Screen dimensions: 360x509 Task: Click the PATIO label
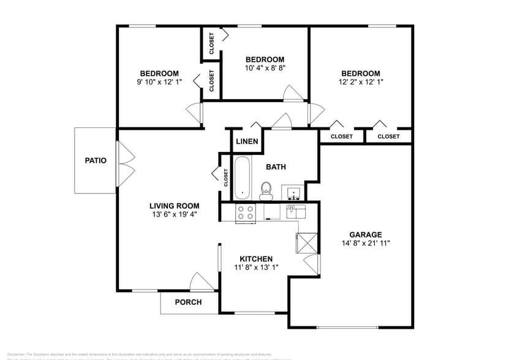(x=96, y=161)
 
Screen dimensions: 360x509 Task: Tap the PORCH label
(x=188, y=302)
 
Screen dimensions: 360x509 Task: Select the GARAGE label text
(x=366, y=234)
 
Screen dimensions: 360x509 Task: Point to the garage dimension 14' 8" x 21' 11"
(x=366, y=243)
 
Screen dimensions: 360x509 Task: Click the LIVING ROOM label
(x=175, y=206)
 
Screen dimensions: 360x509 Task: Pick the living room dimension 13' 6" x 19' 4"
(x=175, y=214)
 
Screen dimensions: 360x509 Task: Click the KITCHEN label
(x=255, y=259)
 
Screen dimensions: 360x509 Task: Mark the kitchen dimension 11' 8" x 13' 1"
(x=255, y=268)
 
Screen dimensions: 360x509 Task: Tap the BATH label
(x=276, y=167)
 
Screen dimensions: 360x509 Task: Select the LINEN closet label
(x=247, y=142)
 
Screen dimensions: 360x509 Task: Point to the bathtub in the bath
(x=243, y=178)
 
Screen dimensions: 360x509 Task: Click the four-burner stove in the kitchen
(x=246, y=212)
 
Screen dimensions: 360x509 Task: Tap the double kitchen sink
(x=296, y=211)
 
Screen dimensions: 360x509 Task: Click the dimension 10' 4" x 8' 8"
(x=265, y=68)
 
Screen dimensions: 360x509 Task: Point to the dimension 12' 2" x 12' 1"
(x=361, y=81)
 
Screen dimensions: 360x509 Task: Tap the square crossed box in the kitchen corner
(x=307, y=243)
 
